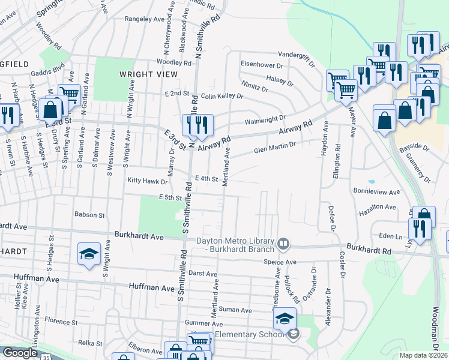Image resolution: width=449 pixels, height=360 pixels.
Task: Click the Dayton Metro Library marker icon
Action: click(x=283, y=245)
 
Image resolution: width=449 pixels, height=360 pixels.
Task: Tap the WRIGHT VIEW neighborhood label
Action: click(x=148, y=74)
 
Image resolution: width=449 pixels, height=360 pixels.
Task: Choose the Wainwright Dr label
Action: click(x=265, y=119)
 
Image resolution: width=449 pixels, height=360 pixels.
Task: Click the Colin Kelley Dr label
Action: click(x=222, y=96)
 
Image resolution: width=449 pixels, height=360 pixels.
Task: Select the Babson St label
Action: click(x=89, y=214)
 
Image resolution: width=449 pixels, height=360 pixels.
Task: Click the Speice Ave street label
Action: click(x=280, y=262)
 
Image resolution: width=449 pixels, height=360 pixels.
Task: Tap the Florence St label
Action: click(x=62, y=322)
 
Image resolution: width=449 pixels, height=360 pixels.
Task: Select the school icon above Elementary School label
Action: click(x=285, y=318)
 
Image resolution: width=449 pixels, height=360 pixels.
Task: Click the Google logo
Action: click(x=20, y=353)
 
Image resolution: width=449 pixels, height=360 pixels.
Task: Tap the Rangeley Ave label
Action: click(x=145, y=19)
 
